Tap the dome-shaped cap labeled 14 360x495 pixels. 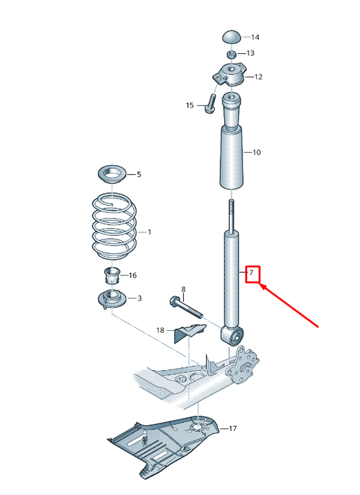point(232,36)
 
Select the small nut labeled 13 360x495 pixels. point(230,53)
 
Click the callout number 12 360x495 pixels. point(258,77)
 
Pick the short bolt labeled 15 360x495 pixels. point(209,104)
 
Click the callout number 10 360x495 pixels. point(256,153)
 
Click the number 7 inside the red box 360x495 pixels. point(251,273)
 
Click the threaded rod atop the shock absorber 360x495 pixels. point(231,214)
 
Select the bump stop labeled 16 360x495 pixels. point(111,276)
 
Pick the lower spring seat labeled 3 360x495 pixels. point(111,298)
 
